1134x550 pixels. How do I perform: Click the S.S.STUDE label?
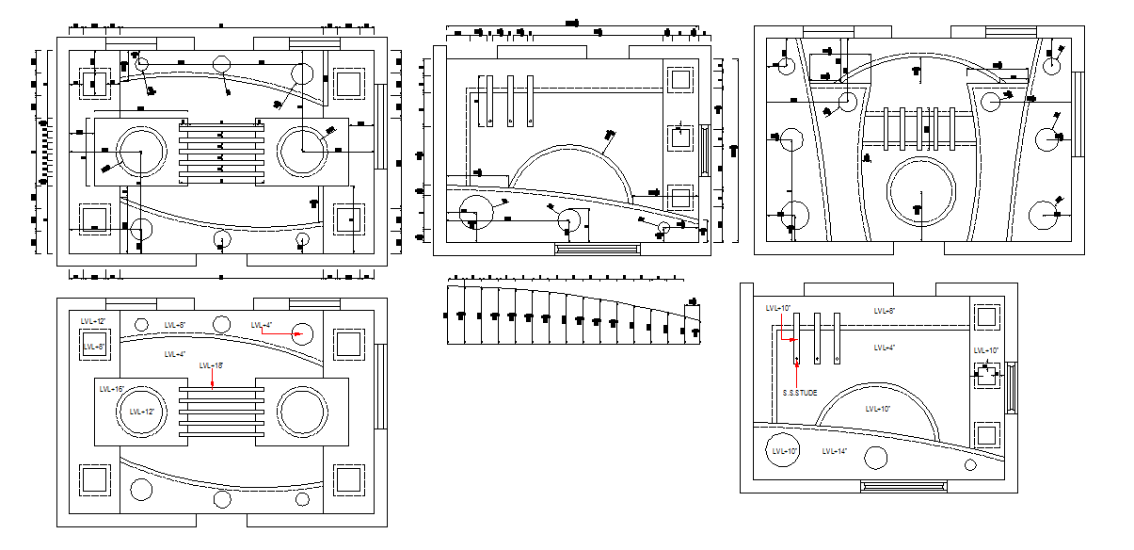[800, 393]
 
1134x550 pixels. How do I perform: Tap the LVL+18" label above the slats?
[212, 365]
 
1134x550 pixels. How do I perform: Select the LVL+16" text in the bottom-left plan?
[112, 388]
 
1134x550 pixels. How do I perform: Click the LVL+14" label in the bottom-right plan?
[834, 452]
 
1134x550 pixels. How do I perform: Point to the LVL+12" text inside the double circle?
[142, 412]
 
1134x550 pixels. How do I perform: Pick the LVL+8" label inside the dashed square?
[94, 347]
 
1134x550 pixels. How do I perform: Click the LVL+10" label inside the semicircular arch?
[877, 409]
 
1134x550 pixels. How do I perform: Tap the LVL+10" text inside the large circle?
[785, 452]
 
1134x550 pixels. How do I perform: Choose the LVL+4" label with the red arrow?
[262, 325]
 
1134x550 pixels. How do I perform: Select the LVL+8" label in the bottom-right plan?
[884, 311]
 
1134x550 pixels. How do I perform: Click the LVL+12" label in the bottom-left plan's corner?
[93, 321]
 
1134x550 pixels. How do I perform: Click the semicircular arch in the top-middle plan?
[569, 170]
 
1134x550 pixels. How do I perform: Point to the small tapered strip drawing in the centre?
[574, 315]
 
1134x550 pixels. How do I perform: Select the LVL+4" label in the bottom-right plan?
[884, 348]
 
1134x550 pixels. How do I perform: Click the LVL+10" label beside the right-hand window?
[986, 351]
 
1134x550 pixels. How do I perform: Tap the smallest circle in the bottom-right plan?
[970, 464]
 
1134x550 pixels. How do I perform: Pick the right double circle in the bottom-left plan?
[303, 412]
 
